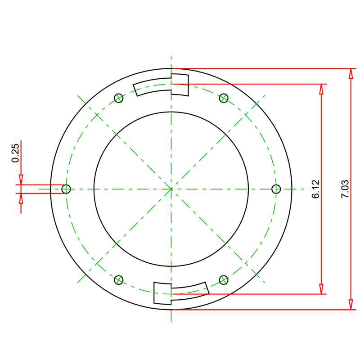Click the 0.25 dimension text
[x=15, y=153]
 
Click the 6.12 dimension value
[x=316, y=189]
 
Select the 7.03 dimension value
[x=345, y=189]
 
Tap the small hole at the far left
[x=66, y=189]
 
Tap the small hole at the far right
[x=276, y=189]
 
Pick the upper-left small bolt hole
[x=118, y=98]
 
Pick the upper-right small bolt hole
[x=224, y=98]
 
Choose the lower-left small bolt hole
[x=118, y=280]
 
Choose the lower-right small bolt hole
[x=224, y=280]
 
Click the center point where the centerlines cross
[x=171, y=189]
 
